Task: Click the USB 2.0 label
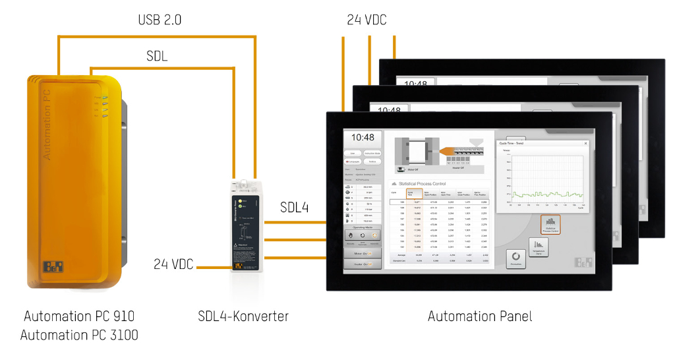click(160, 20)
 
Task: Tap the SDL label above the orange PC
click(157, 57)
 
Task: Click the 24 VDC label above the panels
click(367, 20)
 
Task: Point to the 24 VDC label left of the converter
click(173, 264)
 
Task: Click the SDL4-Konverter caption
click(243, 316)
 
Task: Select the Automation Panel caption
click(479, 316)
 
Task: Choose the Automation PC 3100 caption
click(79, 335)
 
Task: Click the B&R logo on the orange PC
click(51, 267)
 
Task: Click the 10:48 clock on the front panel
click(362, 138)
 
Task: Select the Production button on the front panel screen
click(516, 258)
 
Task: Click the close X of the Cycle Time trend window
click(585, 143)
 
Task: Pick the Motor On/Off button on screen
click(363, 253)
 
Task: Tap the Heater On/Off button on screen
click(363, 264)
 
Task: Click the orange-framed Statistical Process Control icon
click(550, 224)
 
